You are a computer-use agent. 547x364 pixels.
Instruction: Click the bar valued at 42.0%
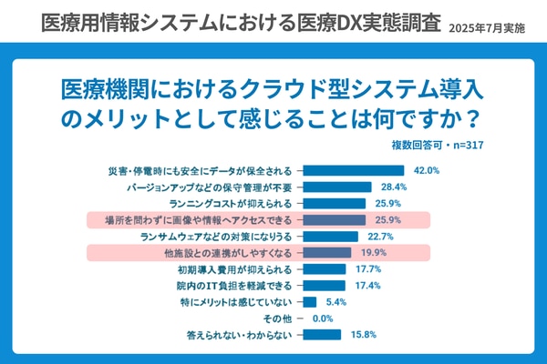[353, 170]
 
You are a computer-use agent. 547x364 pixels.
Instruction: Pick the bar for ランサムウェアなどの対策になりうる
[329, 236]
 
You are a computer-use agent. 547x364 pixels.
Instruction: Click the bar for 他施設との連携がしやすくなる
[325, 253]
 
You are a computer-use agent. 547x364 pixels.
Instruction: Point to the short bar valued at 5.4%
[308, 302]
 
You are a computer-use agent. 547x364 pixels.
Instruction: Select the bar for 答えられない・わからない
[321, 335]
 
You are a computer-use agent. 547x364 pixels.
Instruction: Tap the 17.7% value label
[368, 269]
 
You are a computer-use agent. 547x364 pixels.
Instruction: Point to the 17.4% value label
[367, 286]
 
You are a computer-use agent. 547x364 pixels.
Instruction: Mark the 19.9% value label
[374, 253]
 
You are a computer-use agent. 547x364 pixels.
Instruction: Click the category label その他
[277, 318]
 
